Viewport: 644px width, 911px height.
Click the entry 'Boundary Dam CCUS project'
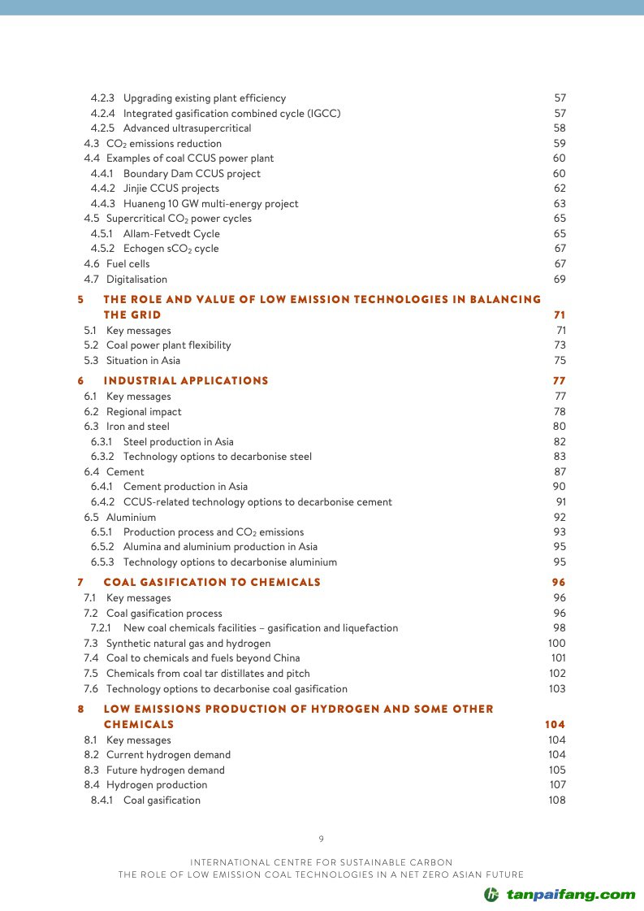point(192,174)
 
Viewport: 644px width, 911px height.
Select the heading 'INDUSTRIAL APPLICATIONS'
point(186,381)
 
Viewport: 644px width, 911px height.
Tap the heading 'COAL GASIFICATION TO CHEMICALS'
point(212,583)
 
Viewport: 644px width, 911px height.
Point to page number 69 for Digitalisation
point(560,280)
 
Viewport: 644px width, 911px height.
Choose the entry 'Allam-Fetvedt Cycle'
point(171,234)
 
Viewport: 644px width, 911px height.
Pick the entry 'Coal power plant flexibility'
point(168,345)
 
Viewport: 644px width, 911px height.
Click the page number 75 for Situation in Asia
point(560,361)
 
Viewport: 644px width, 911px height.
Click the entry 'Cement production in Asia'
point(185,487)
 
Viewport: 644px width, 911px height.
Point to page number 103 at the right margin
point(557,689)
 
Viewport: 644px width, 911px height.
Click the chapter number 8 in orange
point(80,709)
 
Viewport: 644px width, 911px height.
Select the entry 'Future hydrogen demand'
point(166,770)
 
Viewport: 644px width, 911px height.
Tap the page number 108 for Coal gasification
point(557,800)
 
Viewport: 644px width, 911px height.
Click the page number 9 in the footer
point(322,839)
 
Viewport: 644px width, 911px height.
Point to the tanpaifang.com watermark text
point(571,895)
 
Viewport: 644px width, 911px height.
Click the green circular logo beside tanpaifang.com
point(491,895)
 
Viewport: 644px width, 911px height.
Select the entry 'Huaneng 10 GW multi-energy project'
point(210,204)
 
